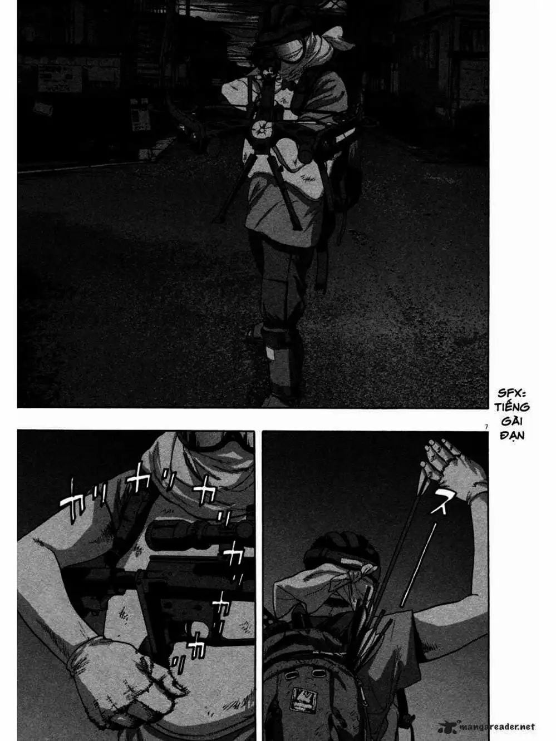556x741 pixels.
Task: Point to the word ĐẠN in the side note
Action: [x=513, y=435]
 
